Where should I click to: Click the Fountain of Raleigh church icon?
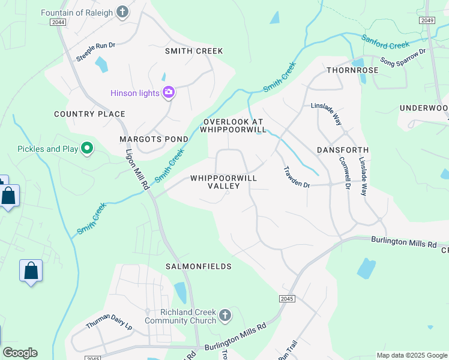point(122,12)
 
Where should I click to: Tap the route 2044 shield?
point(58,22)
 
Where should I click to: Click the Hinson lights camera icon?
point(169,92)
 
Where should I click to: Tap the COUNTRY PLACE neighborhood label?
point(89,114)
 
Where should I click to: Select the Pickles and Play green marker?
point(87,148)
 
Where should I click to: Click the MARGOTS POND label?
point(154,139)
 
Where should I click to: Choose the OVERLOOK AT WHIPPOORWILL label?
point(233,125)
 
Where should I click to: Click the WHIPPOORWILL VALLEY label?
point(223,182)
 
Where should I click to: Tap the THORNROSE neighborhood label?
point(352,70)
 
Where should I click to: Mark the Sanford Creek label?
point(385,41)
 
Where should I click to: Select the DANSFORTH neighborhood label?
point(342,149)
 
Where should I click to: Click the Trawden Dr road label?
point(296,178)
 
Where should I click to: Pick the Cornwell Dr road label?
point(344,173)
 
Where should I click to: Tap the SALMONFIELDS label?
point(199,266)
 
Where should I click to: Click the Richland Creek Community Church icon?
point(225,316)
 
